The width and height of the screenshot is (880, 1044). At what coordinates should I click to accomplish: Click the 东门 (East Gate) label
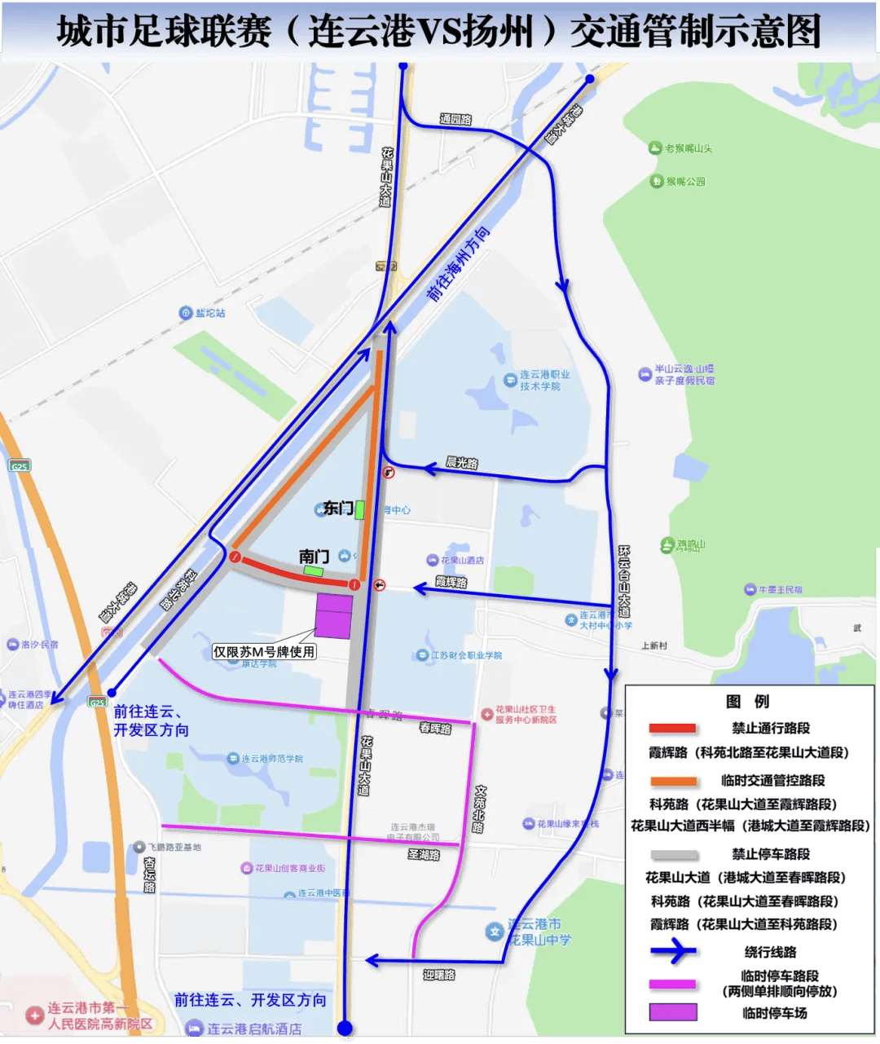click(x=338, y=509)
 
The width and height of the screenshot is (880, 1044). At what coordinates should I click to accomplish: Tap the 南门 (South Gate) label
click(x=314, y=557)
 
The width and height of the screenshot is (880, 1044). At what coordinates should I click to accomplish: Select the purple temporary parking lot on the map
click(x=334, y=617)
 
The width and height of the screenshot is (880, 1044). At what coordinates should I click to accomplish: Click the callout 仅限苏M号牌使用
click(x=264, y=652)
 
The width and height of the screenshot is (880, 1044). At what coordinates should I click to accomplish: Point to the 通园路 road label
click(x=455, y=120)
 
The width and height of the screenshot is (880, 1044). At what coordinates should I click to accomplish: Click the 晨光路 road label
click(x=462, y=463)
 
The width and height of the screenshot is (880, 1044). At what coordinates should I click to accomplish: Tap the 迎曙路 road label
click(x=439, y=975)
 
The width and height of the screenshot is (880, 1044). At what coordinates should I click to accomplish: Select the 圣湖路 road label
click(x=424, y=855)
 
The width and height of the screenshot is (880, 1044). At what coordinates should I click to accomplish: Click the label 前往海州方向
click(x=459, y=264)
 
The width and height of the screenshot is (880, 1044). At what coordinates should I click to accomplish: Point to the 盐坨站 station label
click(x=209, y=313)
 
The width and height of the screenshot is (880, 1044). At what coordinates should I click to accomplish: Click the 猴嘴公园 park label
click(x=684, y=182)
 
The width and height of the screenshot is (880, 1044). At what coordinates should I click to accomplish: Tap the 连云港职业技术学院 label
click(x=544, y=381)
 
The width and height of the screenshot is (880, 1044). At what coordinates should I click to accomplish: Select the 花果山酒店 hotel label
click(x=462, y=560)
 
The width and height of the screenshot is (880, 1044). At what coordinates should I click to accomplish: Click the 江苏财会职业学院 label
click(x=466, y=655)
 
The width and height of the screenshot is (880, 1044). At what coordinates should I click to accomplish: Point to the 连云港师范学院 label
click(x=271, y=759)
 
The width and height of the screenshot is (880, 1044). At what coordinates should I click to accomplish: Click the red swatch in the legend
click(x=672, y=729)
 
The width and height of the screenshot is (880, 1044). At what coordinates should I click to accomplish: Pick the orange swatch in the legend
click(x=673, y=781)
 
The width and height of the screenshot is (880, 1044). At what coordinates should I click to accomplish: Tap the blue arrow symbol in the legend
click(x=673, y=951)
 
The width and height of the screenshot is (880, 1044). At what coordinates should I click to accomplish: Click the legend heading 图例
click(x=747, y=702)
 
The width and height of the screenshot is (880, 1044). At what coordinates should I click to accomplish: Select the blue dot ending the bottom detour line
click(x=345, y=1029)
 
